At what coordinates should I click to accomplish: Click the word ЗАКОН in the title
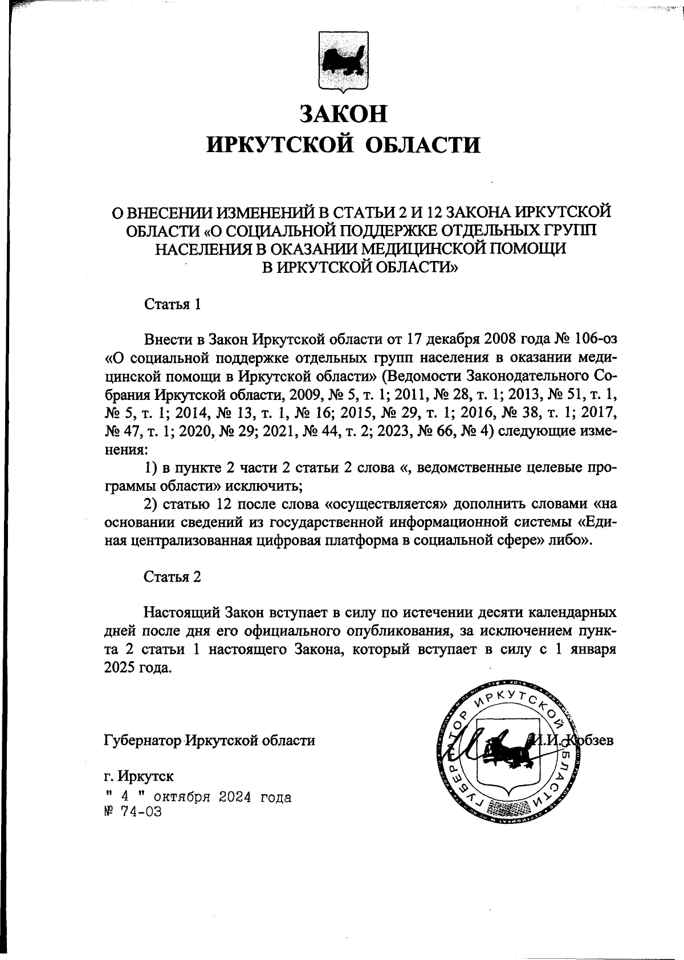click(343, 113)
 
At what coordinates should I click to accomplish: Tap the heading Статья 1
click(172, 304)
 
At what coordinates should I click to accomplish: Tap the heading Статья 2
click(172, 577)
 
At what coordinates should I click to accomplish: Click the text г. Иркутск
click(140, 776)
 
